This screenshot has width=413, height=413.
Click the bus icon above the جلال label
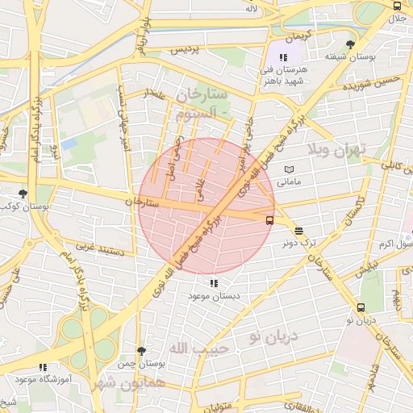pos(395,5)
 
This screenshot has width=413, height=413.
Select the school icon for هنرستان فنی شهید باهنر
pos(283,57)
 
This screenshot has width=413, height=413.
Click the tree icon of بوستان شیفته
pos(349,44)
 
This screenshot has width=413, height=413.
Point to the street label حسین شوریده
pos(370,84)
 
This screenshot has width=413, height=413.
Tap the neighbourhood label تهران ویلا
pos(337,149)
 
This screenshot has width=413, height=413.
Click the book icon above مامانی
pos(290,169)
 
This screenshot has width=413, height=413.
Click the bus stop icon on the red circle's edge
pos(269,219)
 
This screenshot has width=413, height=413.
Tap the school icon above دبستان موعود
pos(214,283)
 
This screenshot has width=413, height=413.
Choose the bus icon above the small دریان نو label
pos(361,307)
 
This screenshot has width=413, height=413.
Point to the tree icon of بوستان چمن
pos(142,351)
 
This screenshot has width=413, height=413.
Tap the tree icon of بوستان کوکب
pos(23,194)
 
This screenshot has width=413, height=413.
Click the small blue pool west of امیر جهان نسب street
pos(69,144)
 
